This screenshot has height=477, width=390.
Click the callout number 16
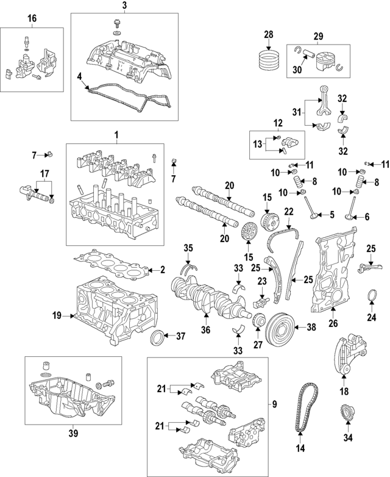point(32,19)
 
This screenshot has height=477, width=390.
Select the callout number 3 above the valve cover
point(124,6)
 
